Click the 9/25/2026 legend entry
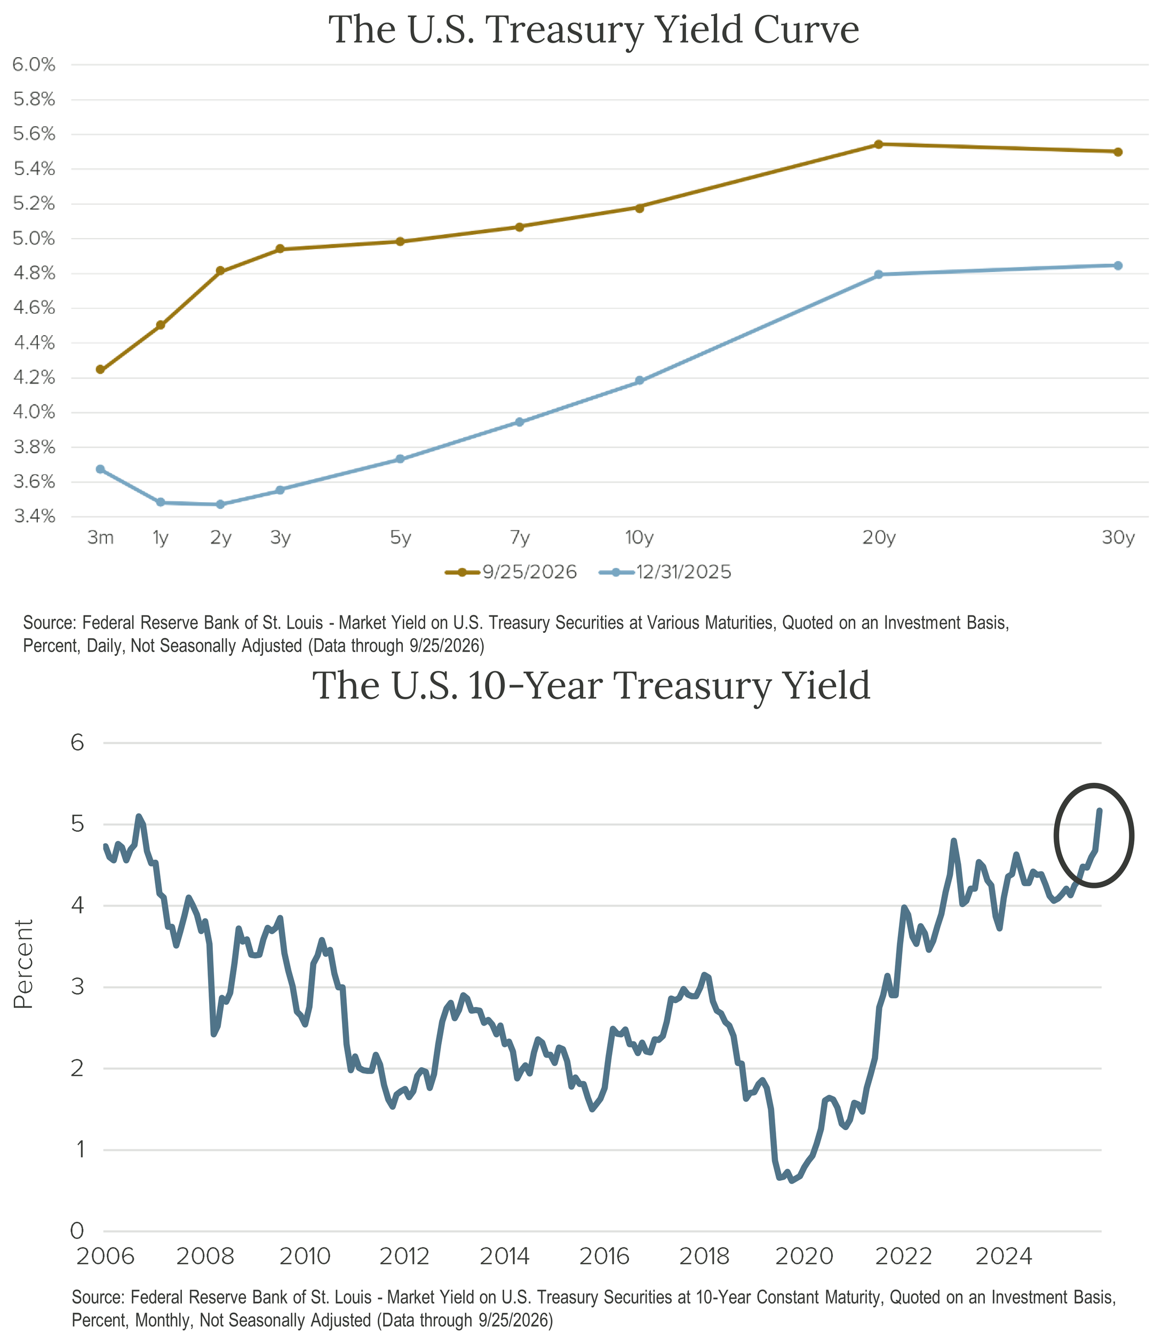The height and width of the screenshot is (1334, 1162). pos(511,572)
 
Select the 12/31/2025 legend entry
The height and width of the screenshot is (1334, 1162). pos(665,572)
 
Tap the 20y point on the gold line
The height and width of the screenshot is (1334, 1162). pos(879,144)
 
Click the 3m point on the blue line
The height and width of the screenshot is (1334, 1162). pos(100,469)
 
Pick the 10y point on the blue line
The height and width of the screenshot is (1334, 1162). pos(639,380)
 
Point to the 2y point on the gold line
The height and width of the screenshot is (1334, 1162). pos(220,271)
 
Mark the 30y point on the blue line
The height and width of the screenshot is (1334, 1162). pos(1118,265)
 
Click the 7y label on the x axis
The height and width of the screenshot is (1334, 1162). pos(520,538)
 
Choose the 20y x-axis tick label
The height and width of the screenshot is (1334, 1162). pos(879,538)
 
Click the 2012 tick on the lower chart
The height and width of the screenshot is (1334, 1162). pos(404,1256)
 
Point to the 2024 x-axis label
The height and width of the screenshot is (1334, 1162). pos(1003,1256)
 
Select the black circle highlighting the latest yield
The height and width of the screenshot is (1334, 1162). pos(1055,835)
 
